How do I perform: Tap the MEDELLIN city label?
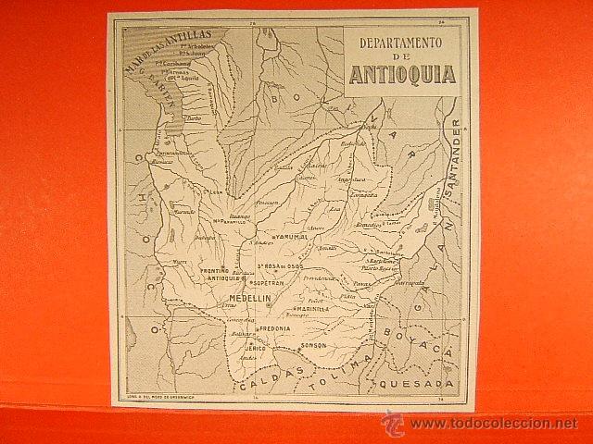click(245, 301)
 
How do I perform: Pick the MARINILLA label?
click(316, 310)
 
